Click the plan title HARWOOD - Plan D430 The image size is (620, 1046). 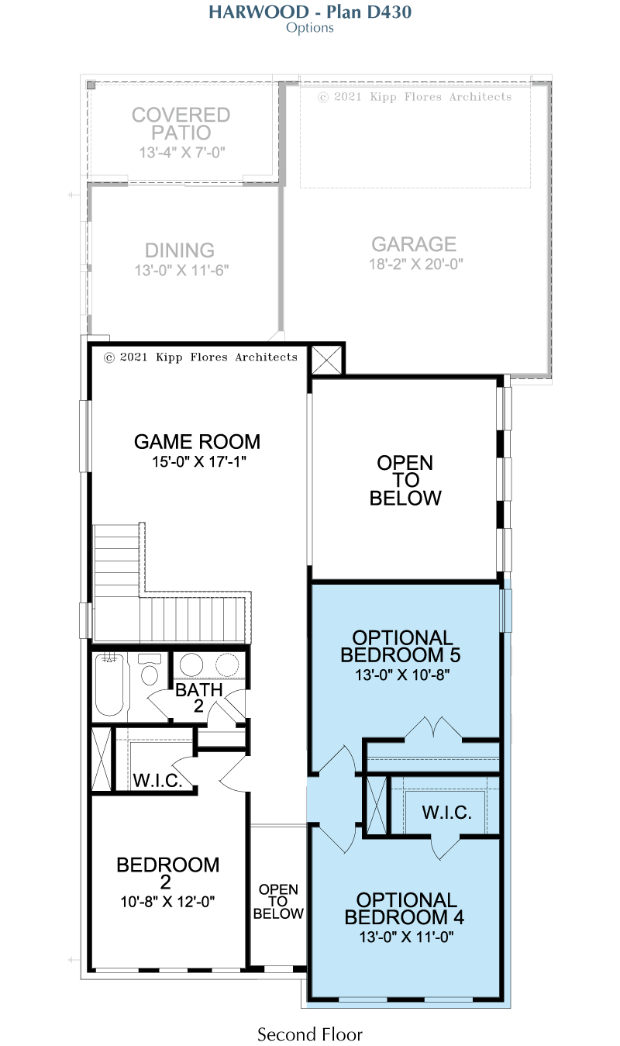point(310,12)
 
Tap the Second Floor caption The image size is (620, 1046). point(310,1034)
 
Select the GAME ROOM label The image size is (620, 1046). point(197,442)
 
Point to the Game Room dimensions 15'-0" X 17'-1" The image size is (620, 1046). point(199,462)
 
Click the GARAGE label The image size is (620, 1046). point(414,244)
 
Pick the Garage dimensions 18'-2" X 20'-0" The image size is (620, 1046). point(416,264)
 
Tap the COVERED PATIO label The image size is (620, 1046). point(181,124)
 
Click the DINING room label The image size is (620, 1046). point(180,250)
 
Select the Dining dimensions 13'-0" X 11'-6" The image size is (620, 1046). point(181,271)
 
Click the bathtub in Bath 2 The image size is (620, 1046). point(110,685)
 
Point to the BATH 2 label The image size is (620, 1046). point(199,698)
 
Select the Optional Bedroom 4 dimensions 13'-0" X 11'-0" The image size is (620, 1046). point(406,937)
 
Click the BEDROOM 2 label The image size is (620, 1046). point(167,873)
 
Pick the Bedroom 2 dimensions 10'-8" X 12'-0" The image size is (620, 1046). point(167,902)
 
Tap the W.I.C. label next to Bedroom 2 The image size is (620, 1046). point(157,780)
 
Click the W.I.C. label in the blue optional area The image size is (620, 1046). point(447,813)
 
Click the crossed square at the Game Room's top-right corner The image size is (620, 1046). point(326,360)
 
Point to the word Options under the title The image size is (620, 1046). point(310,28)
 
